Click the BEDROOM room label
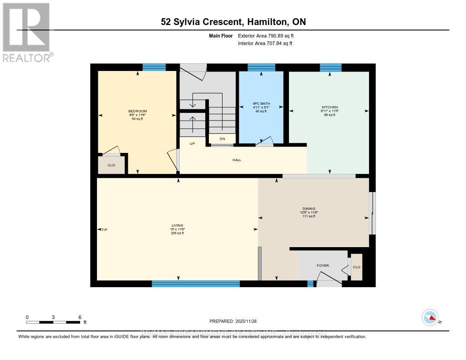137,111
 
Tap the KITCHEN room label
329,107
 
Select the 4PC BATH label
261,104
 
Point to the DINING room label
309,208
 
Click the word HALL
237,160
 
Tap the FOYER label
323,265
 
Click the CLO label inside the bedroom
111,165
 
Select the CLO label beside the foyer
357,267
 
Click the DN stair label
222,139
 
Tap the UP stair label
192,143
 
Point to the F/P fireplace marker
104,229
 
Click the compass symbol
430,317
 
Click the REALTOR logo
26,32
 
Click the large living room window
196,284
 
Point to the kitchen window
330,67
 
